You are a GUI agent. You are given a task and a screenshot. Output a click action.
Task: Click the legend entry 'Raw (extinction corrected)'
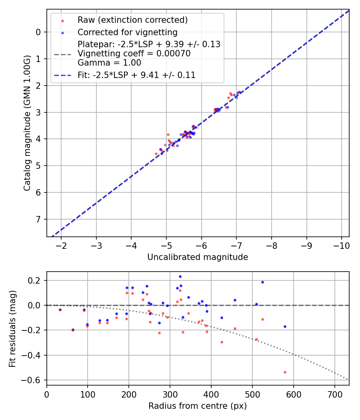pyautogui.click(x=132, y=20)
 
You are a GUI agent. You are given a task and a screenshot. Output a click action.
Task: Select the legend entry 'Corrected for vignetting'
pyautogui.click(x=127, y=32)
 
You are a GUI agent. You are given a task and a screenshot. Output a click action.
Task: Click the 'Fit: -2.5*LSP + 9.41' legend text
pyautogui.click(x=136, y=75)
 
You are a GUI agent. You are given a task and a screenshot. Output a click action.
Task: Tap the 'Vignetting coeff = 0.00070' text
pyautogui.click(x=134, y=54)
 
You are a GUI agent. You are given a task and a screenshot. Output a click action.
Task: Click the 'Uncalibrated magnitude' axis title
pyautogui.click(x=198, y=257)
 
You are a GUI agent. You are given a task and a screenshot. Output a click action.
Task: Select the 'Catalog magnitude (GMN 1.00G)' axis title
pyautogui.click(x=27, y=122)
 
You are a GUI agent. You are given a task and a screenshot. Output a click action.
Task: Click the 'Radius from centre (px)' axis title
pyautogui.click(x=198, y=406)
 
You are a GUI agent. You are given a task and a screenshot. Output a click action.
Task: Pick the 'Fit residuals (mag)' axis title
pyautogui.click(x=12, y=328)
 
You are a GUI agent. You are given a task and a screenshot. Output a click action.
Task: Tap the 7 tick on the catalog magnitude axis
pyautogui.click(x=38, y=219)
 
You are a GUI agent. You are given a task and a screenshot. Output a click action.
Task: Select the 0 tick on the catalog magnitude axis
pyautogui.click(x=38, y=32)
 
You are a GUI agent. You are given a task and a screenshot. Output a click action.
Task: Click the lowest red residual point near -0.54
pyautogui.click(x=285, y=372)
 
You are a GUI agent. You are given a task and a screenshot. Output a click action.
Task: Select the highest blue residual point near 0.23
pyautogui.click(x=180, y=276)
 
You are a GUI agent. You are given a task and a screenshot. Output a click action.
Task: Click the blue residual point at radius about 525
pyautogui.click(x=262, y=282)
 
